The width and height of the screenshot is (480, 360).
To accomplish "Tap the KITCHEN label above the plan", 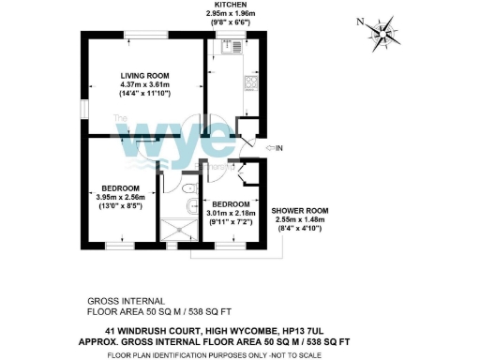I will tap(229, 6).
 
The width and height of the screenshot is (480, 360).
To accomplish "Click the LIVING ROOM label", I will tap(143, 75).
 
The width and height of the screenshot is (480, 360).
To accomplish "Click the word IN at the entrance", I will tap(279, 148).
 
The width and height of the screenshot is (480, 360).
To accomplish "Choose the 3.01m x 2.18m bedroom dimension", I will tap(231, 214).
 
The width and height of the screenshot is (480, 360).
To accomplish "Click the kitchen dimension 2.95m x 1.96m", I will tap(229, 15).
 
